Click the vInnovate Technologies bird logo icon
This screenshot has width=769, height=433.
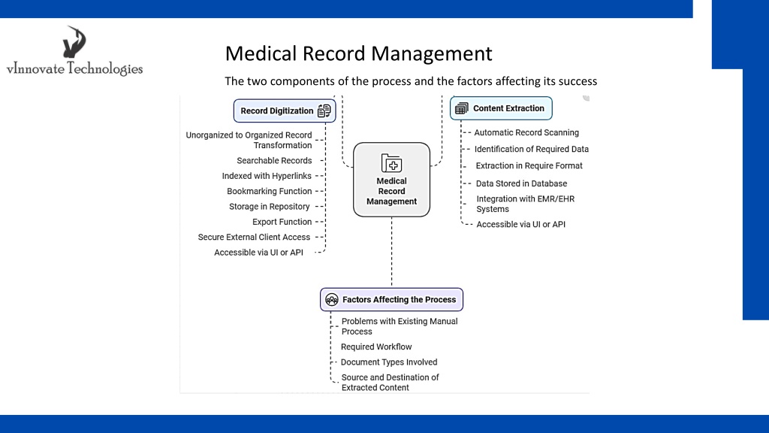(74, 42)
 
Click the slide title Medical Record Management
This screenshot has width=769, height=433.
(358, 53)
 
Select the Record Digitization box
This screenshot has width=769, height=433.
(285, 111)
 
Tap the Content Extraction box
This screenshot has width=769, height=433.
(501, 108)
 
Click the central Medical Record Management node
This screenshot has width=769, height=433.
(391, 180)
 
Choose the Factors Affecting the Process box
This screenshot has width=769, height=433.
(391, 299)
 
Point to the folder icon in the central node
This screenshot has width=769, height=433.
(391, 163)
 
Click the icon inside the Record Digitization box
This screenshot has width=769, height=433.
(324, 111)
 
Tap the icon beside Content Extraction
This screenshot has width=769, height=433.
(462, 108)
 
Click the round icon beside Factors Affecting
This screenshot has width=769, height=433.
(331, 299)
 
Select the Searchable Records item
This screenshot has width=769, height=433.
(274, 161)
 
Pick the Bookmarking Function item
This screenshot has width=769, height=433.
(270, 191)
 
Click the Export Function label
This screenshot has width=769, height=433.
(282, 222)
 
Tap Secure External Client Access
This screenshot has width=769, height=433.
(254, 237)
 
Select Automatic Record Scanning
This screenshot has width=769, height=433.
(526, 132)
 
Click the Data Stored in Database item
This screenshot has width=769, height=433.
(521, 183)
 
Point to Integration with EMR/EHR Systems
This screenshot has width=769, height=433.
(525, 204)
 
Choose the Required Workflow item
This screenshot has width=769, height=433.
(376, 347)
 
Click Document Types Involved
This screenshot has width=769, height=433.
(389, 362)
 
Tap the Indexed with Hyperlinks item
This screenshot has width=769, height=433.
(267, 176)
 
